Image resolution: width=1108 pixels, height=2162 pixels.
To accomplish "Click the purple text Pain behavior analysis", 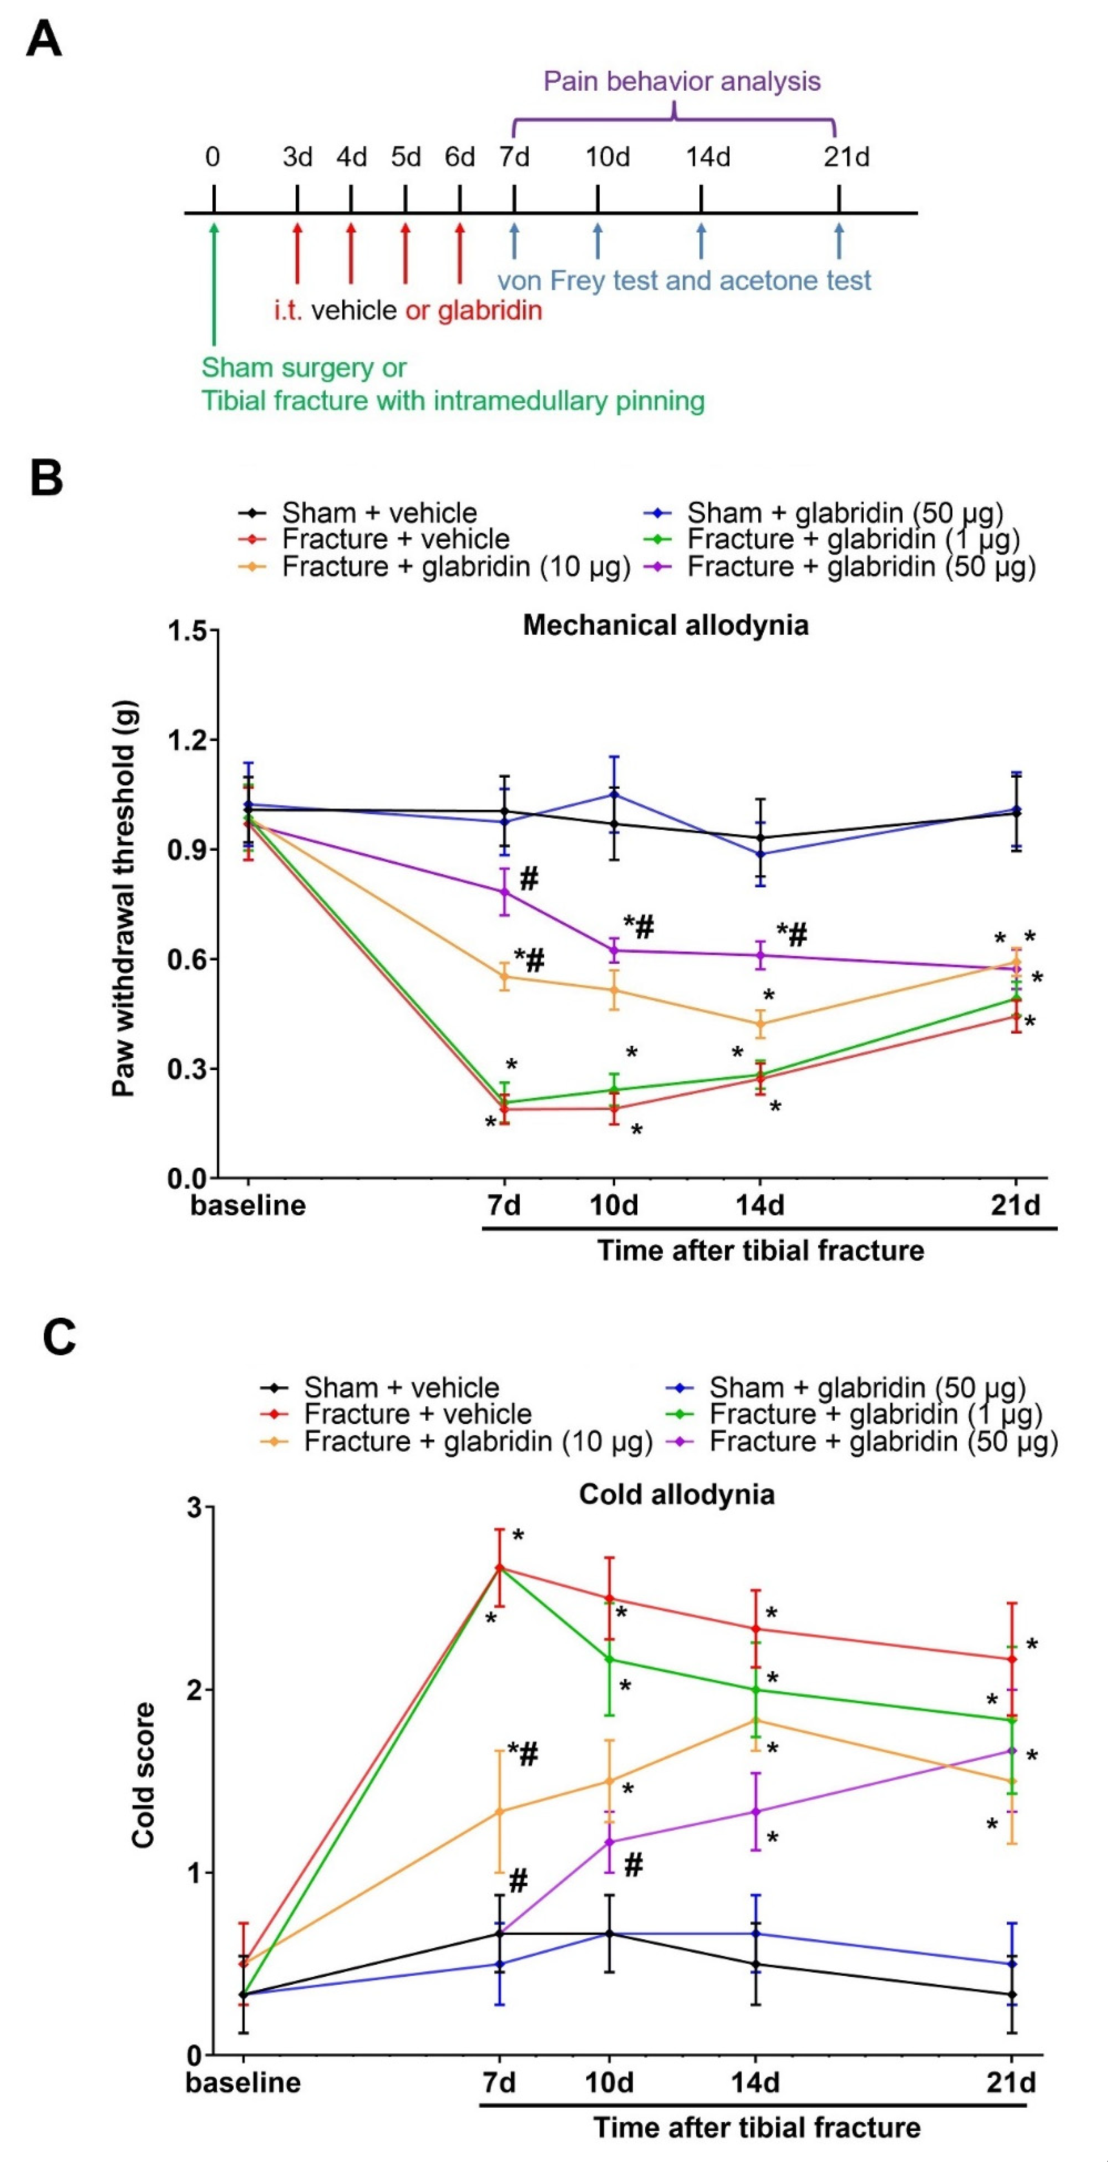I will point(681,81).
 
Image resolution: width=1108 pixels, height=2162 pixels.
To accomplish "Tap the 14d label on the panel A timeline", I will point(708,157).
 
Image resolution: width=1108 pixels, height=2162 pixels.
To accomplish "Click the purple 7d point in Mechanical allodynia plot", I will point(505,891).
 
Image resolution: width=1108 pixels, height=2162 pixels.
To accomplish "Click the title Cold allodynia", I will point(677,1495).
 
